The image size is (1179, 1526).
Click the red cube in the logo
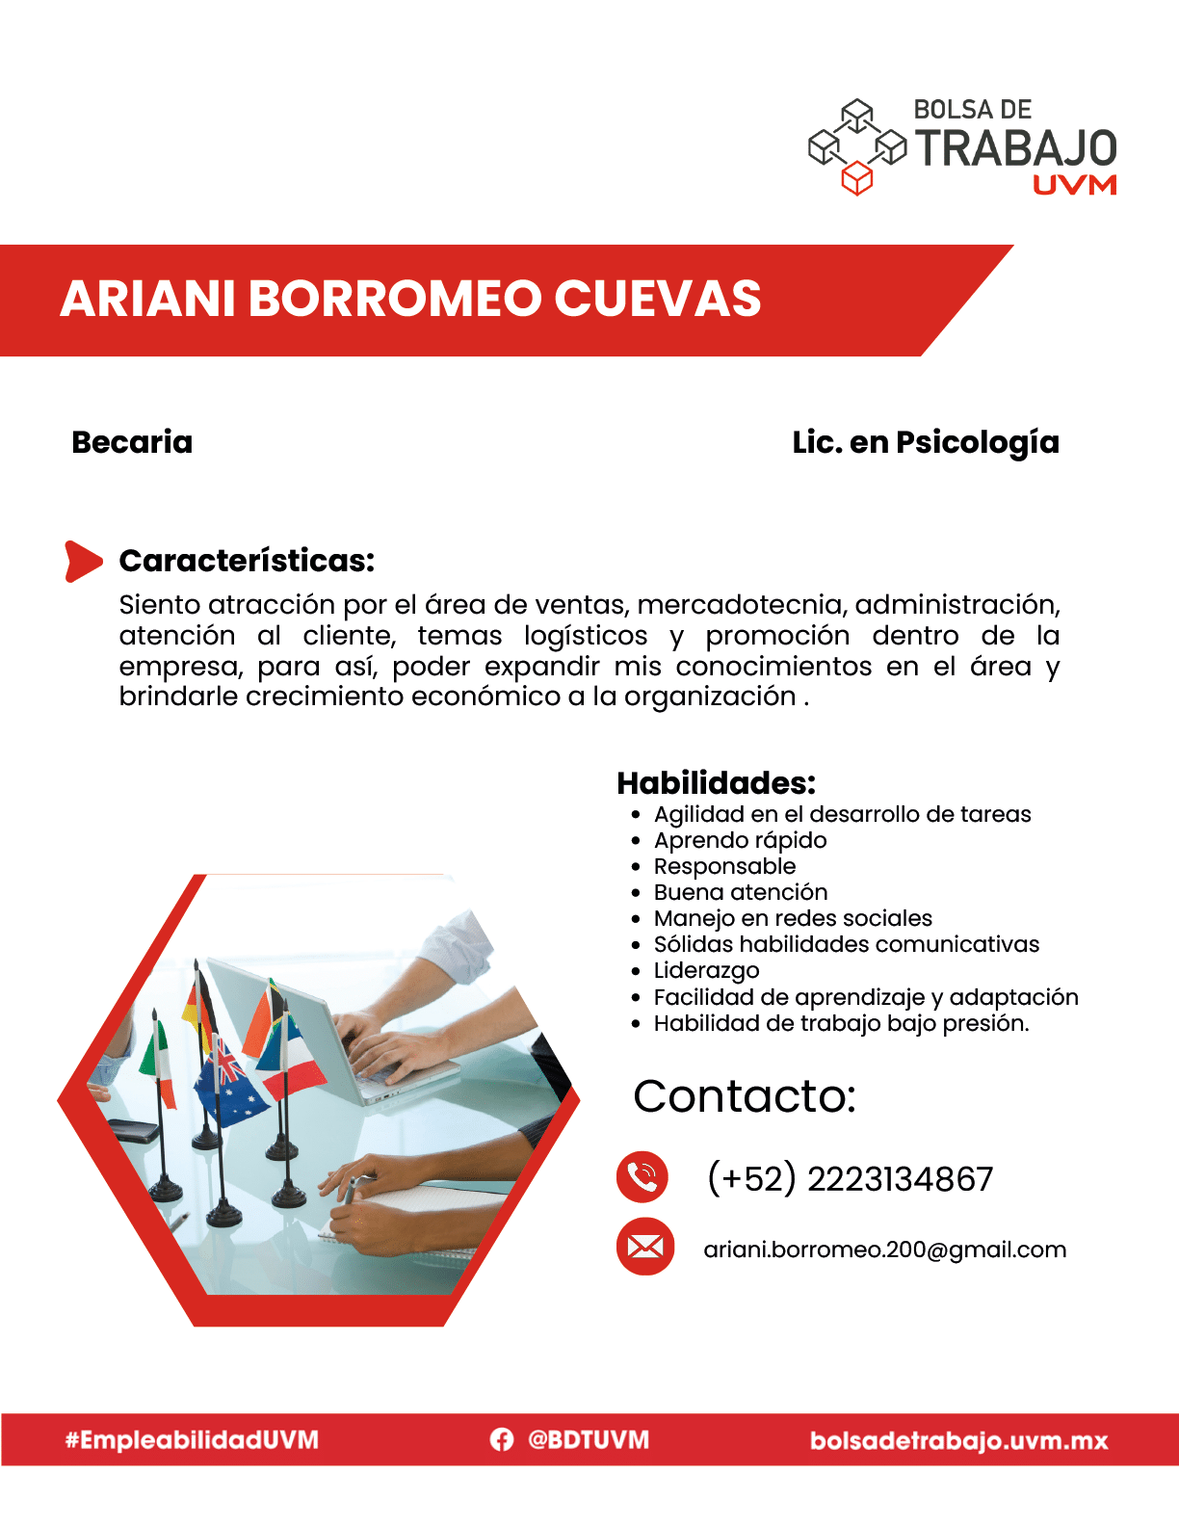point(856,177)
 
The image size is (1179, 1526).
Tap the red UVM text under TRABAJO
point(1074,185)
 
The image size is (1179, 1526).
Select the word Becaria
point(132,442)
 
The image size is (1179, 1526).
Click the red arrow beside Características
point(84,561)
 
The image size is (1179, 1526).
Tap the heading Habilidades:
point(717,783)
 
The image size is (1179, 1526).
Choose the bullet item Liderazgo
point(706,970)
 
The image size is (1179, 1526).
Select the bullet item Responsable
point(724,867)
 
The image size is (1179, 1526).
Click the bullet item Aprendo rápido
point(740,841)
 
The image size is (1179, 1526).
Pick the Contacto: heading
point(745,1095)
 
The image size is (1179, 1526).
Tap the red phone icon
point(642,1177)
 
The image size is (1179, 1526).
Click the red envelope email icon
point(645,1248)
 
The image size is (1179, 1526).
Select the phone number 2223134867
point(901,1179)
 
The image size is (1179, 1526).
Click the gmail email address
point(885,1250)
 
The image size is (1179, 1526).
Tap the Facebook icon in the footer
point(502,1440)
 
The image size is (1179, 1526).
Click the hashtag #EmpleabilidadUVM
point(192,1440)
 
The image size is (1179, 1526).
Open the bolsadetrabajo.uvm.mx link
point(958,1441)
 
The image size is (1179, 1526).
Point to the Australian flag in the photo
point(229,1082)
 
